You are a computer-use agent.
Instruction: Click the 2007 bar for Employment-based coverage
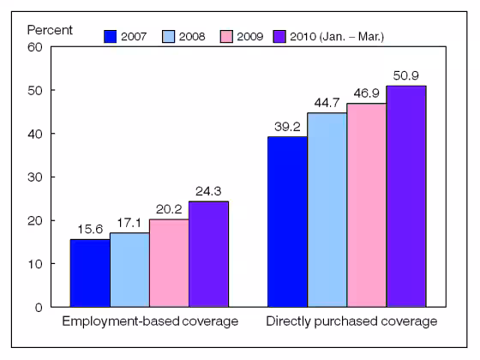point(90,273)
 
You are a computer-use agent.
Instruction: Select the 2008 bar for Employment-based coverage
point(129,269)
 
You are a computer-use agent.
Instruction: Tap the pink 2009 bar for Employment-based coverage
point(169,262)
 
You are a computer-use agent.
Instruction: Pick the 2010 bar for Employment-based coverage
point(208,254)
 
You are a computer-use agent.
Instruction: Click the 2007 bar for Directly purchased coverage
point(287,221)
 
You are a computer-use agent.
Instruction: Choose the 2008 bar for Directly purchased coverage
point(327,209)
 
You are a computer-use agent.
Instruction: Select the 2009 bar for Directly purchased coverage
point(366,205)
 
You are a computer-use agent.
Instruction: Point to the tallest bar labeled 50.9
point(405,195)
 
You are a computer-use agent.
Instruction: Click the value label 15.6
point(90,229)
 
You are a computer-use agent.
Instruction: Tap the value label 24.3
point(208,191)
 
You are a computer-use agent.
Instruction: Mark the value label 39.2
point(287,126)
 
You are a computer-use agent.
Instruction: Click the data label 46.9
point(366,93)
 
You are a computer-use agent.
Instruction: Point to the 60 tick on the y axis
point(35,47)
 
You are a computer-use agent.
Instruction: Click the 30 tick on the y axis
point(35,177)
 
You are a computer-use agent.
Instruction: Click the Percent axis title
point(50,28)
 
